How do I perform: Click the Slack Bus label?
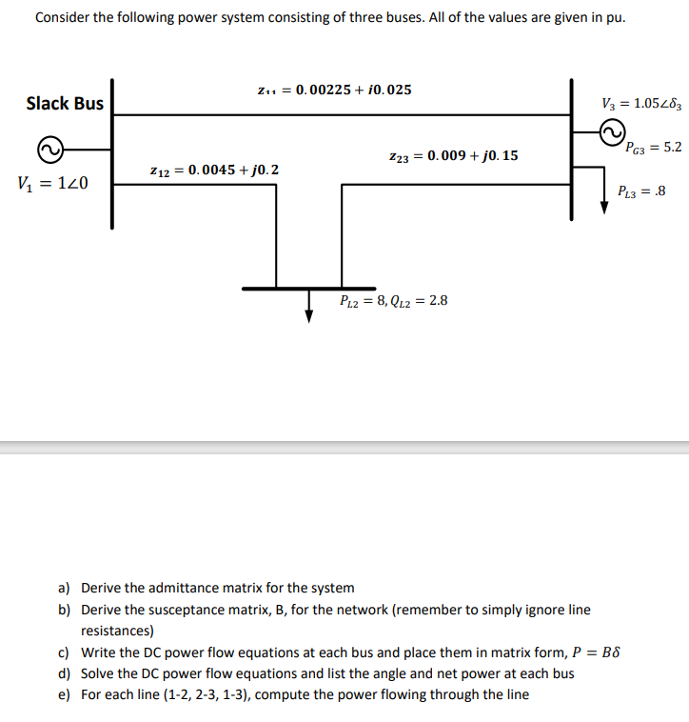65,103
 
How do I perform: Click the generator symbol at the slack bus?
51,149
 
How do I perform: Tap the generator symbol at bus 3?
612,131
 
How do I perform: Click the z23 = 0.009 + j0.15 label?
453,155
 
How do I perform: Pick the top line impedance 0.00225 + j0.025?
334,90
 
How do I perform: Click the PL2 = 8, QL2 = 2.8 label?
393,301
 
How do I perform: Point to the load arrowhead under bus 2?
308,316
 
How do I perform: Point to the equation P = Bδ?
597,652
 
